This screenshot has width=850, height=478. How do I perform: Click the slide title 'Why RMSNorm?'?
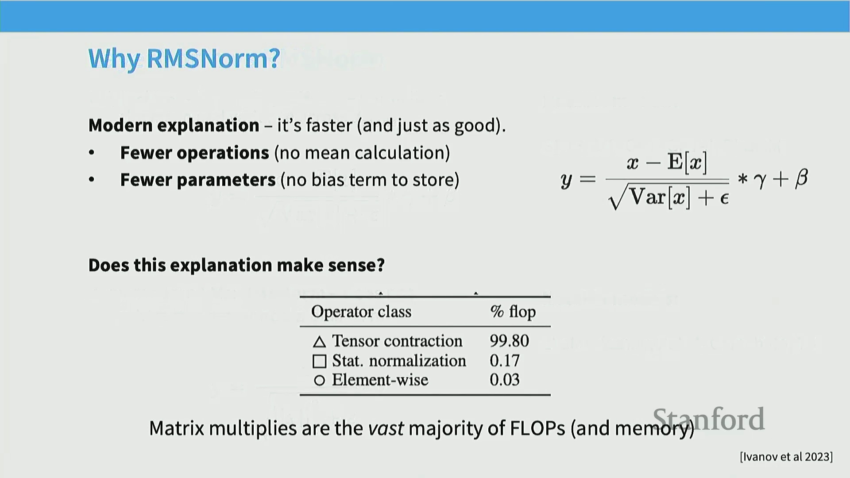pos(184,58)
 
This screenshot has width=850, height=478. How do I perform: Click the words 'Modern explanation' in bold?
pos(174,125)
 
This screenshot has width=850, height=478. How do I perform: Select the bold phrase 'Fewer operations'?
pos(195,153)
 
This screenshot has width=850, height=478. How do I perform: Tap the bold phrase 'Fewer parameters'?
pos(198,180)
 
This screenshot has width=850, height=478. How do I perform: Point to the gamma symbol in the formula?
pos(760,180)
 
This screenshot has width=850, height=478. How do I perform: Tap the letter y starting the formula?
pos(566,181)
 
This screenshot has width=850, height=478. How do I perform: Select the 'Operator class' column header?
pos(361,312)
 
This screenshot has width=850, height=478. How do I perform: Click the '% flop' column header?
pos(513,312)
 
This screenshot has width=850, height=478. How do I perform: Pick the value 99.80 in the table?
pos(509,341)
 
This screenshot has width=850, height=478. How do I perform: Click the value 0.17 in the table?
pos(504,361)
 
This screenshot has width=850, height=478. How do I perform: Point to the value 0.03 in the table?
pos(504,380)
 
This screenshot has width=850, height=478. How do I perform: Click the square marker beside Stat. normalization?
pos(319,361)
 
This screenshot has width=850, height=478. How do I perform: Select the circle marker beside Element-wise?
pos(319,380)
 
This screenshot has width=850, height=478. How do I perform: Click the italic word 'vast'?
pos(386,428)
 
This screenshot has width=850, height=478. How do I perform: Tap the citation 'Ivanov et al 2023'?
pos(786,457)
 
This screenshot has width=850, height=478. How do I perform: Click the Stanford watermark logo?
pos(709,419)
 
